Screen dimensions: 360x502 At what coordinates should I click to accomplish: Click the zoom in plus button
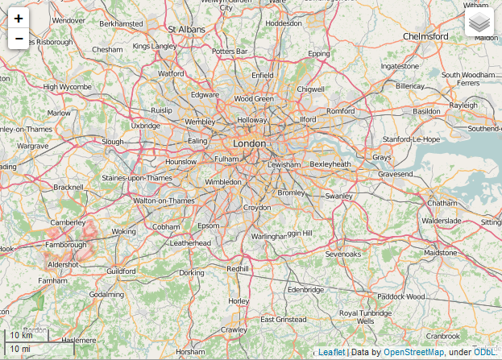click(19, 18)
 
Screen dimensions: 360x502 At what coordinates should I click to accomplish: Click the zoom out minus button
click(19, 39)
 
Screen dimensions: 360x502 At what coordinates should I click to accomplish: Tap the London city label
click(249, 143)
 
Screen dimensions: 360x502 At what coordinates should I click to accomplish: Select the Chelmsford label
click(425, 36)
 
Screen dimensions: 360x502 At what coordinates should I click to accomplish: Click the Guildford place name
click(121, 271)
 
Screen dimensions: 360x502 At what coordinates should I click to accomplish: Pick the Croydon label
click(257, 207)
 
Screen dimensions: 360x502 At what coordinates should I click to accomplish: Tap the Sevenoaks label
click(343, 254)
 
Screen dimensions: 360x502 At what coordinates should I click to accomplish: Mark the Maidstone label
click(440, 252)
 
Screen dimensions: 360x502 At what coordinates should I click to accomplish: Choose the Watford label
click(171, 73)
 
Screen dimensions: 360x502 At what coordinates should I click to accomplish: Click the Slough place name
click(112, 141)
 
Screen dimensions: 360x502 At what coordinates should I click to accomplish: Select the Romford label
click(340, 110)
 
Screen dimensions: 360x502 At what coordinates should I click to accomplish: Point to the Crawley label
click(234, 329)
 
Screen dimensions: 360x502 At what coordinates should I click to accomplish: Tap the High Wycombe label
click(67, 86)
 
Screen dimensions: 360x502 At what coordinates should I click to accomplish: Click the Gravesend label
click(395, 173)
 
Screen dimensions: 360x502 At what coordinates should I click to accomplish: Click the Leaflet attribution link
click(331, 352)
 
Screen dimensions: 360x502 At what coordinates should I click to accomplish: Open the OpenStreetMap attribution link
click(413, 352)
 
